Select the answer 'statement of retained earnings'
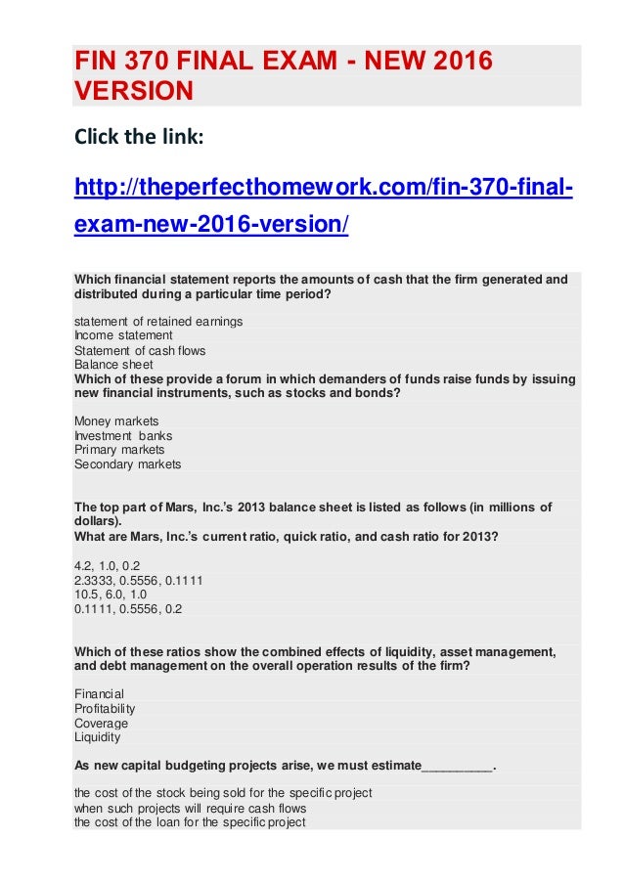158,321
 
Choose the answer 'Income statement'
123,335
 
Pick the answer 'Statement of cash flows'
140,350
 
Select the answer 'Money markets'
116,421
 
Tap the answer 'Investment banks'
123,436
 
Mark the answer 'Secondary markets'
127,464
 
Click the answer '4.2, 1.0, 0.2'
109,565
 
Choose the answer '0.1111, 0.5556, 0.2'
127,608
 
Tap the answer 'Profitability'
105,709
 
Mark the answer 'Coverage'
101,724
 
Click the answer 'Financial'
99,694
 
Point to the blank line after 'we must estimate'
457,766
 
